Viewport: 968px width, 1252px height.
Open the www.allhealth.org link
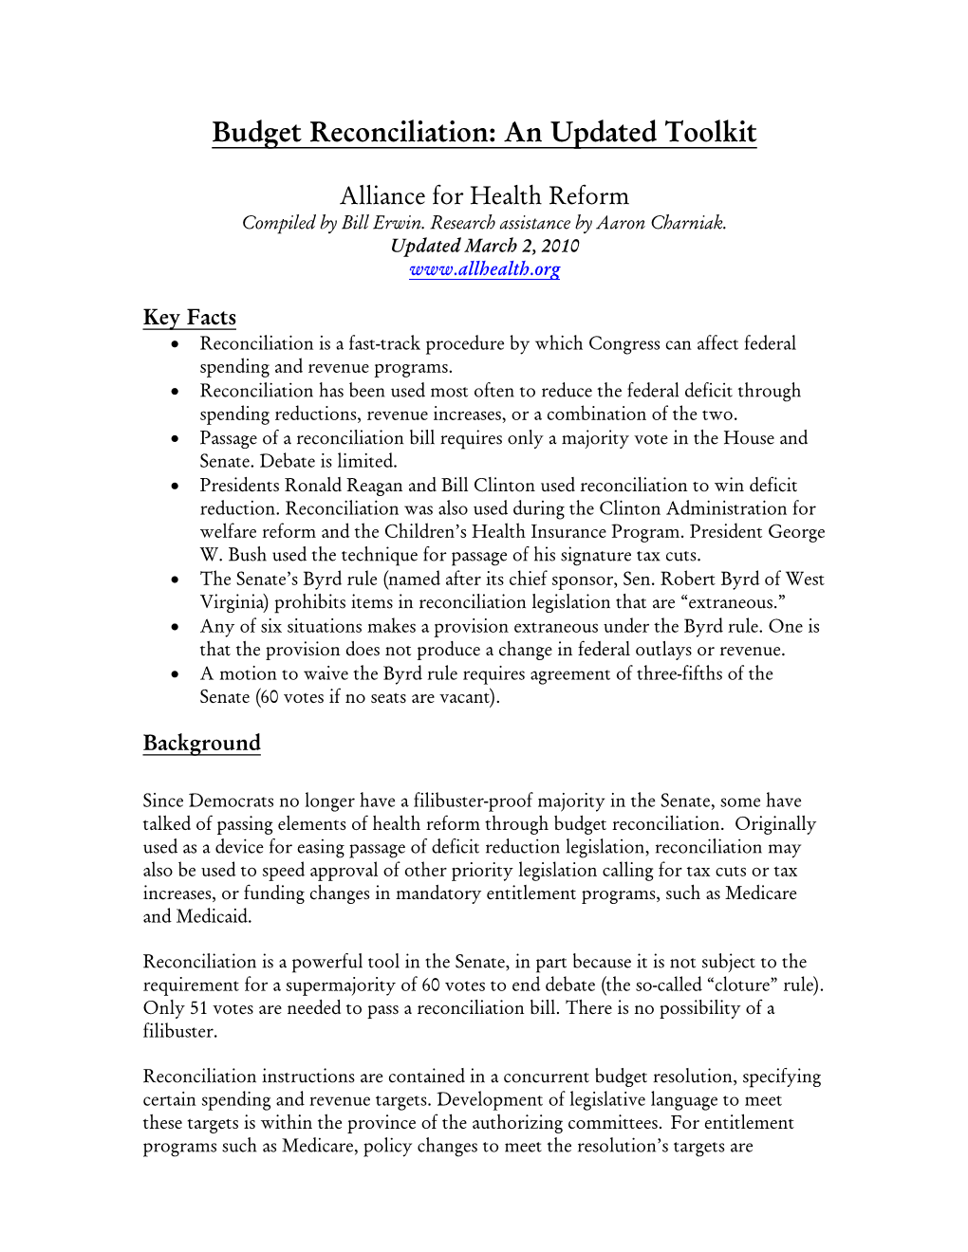(x=484, y=269)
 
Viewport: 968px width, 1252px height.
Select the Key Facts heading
(x=190, y=318)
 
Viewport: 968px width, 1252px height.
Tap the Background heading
(x=201, y=744)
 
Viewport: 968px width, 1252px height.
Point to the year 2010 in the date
(x=560, y=247)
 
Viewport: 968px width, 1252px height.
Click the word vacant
(x=465, y=697)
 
